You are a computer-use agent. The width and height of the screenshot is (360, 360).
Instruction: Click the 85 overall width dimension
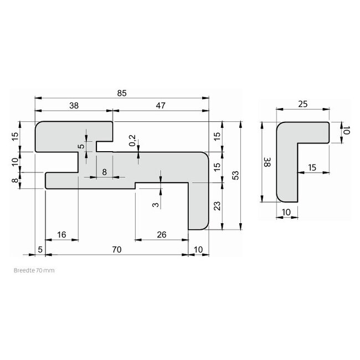coord(122,93)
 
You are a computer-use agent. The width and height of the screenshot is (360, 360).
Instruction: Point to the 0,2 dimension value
coord(132,141)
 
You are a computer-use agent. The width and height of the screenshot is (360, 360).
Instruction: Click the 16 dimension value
coord(61,235)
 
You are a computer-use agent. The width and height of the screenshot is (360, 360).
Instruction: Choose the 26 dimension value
coord(161,235)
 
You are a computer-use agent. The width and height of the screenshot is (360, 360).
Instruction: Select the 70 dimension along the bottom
coord(116,250)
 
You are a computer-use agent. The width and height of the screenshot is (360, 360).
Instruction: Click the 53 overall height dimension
coord(235,175)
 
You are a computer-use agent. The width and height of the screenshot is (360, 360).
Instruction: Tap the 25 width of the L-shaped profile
coord(302,104)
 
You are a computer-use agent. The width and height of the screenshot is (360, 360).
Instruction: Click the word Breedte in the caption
coord(23,271)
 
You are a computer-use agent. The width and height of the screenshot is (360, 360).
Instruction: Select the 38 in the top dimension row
coord(74,106)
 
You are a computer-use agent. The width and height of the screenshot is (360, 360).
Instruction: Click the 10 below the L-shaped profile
coord(286,212)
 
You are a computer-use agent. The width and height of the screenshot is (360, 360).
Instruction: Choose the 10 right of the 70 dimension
coord(199,250)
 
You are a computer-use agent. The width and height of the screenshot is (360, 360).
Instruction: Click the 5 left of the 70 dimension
coord(39,250)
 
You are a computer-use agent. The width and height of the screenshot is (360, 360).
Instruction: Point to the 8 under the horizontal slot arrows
coord(104,172)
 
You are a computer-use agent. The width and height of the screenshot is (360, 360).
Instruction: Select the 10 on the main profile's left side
coord(14,161)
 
